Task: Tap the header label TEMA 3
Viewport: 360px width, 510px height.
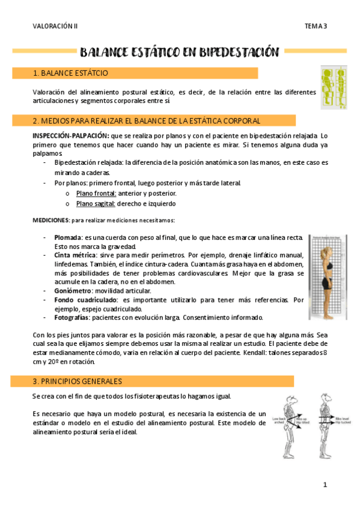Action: click(x=316, y=26)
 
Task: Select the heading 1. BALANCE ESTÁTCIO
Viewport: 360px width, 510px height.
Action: click(x=70, y=73)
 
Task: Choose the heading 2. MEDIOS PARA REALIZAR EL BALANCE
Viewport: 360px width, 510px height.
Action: click(x=138, y=121)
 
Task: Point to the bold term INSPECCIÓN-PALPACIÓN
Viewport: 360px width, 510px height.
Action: click(x=67, y=136)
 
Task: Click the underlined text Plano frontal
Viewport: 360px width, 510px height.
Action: click(x=96, y=193)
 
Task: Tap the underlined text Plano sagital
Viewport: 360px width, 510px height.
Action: click(x=96, y=203)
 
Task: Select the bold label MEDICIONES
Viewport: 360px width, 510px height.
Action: click(x=50, y=220)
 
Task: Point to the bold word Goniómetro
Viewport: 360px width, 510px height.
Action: click(x=73, y=290)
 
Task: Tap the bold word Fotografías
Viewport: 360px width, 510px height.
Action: click(x=72, y=317)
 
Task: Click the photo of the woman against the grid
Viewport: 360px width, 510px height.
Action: click(x=328, y=277)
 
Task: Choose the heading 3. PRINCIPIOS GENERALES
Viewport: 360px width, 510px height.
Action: click(x=78, y=381)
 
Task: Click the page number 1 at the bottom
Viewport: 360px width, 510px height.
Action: click(x=325, y=485)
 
